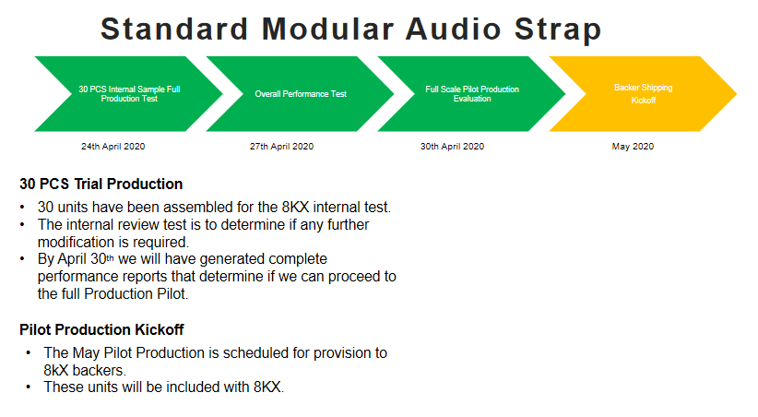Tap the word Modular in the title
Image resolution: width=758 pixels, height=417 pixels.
[x=327, y=29]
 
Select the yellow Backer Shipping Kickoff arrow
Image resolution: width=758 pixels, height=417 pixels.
[x=643, y=94]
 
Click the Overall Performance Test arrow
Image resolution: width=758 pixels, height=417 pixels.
[x=301, y=94]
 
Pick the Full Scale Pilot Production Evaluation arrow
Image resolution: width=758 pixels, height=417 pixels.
[x=472, y=94]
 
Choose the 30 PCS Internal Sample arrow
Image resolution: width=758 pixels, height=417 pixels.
[x=129, y=94]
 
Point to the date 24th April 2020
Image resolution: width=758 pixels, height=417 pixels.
[x=113, y=147]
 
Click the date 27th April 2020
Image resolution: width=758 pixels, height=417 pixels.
[x=281, y=147]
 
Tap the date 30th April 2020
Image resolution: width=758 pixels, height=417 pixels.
[x=452, y=147]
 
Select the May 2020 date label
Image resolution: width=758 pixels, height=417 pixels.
[x=633, y=147]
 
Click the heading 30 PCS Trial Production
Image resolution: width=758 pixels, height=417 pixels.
[x=101, y=184]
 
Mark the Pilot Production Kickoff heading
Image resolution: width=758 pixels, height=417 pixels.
[x=101, y=329]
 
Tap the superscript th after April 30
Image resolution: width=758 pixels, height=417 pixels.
[x=111, y=257]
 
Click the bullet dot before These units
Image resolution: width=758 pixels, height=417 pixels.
[x=29, y=387]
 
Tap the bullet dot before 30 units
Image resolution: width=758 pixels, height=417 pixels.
[x=22, y=207]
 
